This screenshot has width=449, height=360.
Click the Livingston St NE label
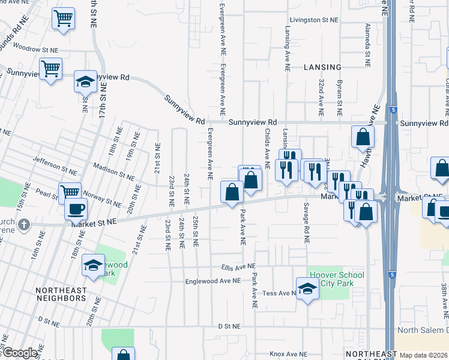coord(313,20)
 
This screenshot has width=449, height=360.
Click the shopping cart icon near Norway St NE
coord(70,193)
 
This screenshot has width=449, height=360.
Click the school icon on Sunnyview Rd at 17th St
coord(86,81)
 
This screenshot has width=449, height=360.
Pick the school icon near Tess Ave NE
coord(307,289)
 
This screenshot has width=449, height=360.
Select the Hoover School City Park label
coord(337,279)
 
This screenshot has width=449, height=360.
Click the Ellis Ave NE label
coord(238,266)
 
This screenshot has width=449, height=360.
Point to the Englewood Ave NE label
coord(212,281)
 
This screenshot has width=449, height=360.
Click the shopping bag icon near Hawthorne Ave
coord(363,136)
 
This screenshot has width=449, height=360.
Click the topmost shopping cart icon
coord(63,18)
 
